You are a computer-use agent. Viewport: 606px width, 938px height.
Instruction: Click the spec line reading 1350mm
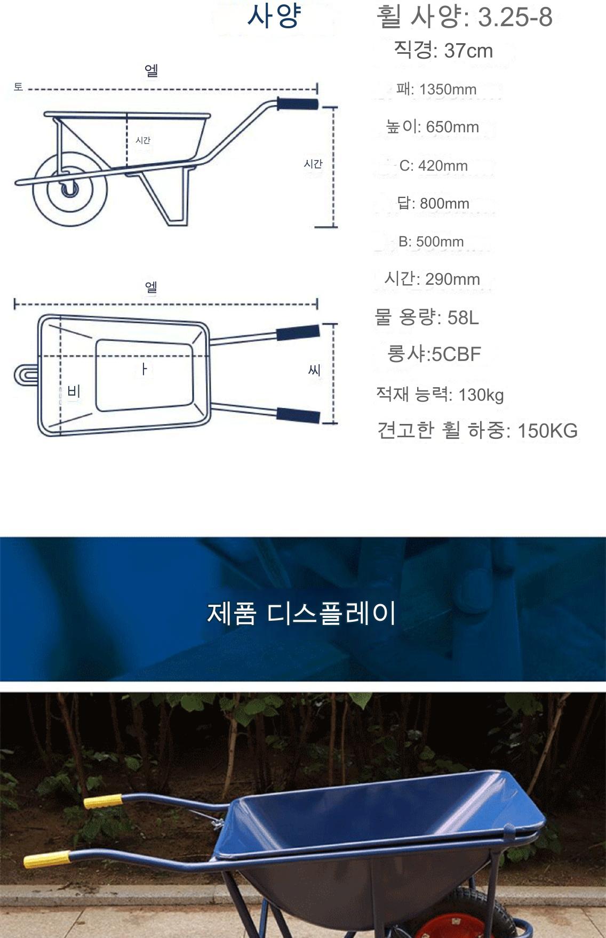tap(436, 89)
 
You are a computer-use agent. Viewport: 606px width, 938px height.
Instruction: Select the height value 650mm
tap(432, 127)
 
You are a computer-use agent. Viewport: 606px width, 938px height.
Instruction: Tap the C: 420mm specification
tap(433, 166)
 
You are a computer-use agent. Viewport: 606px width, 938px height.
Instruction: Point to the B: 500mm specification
tap(431, 242)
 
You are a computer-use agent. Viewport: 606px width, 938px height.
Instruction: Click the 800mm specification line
tap(433, 203)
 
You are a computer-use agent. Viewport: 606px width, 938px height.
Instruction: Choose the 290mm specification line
tap(432, 279)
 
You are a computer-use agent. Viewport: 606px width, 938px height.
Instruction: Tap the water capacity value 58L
tap(427, 317)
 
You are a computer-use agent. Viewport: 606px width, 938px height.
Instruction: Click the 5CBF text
tap(434, 354)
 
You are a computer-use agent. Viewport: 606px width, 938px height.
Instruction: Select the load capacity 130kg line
tap(440, 395)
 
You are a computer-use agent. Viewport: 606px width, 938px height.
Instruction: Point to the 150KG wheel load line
tap(477, 430)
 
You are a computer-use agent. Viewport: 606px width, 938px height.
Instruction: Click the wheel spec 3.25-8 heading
tap(464, 17)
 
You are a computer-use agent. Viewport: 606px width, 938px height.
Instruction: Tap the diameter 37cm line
tap(443, 51)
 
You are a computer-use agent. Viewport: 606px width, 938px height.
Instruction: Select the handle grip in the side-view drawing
tap(297, 103)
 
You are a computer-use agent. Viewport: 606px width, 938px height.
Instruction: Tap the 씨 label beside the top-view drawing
tap(314, 370)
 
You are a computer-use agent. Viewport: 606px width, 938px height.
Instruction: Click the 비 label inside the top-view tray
tap(74, 392)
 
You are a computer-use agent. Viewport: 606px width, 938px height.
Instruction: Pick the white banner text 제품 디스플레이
tap(301, 613)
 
